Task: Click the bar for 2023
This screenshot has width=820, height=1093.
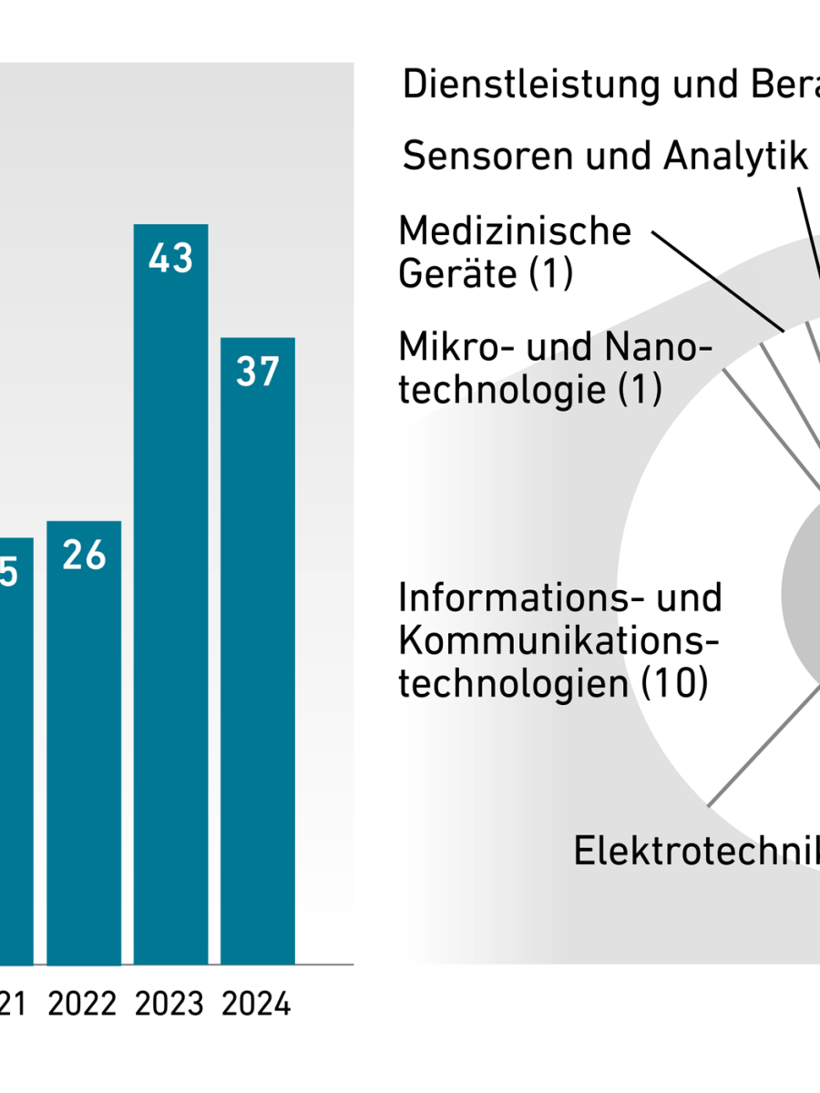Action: (x=170, y=592)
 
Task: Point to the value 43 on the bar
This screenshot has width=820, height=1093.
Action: (x=170, y=259)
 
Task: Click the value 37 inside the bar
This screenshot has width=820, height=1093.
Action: (x=258, y=373)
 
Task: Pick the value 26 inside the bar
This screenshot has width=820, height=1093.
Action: (x=84, y=556)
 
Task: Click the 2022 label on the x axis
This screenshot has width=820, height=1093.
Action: (x=83, y=1005)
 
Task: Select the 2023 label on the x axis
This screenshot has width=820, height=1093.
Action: (x=169, y=1005)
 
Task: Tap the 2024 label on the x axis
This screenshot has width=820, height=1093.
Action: (x=256, y=1005)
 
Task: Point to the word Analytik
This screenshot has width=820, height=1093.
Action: (x=735, y=157)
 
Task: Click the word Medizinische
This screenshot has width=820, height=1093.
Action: (x=515, y=231)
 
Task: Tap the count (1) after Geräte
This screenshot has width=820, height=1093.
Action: (x=550, y=273)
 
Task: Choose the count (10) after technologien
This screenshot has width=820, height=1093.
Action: (x=674, y=683)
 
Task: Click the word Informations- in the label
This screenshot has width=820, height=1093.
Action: (x=510, y=598)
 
